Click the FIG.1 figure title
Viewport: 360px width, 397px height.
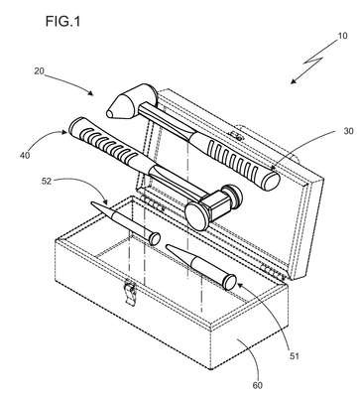click(x=62, y=22)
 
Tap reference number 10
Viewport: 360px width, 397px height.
click(x=342, y=36)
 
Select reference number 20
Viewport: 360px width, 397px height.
click(x=39, y=70)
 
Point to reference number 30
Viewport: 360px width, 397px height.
click(x=349, y=131)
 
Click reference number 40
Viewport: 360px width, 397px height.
click(x=25, y=155)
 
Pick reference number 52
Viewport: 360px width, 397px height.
click(x=47, y=182)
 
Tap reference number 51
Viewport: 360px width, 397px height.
click(x=295, y=356)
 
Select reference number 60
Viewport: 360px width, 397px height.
click(x=258, y=385)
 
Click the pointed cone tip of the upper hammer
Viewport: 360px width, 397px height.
click(x=110, y=113)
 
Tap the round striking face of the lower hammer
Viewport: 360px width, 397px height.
click(x=196, y=216)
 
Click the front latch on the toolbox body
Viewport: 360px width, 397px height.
click(x=130, y=294)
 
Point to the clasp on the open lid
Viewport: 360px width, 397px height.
click(x=235, y=135)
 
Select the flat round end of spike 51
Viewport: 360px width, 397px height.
click(x=230, y=282)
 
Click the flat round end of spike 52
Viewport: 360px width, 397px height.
click(x=155, y=239)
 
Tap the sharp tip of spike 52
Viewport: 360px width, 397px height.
click(x=92, y=203)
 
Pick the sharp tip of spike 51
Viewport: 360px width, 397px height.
click(x=168, y=246)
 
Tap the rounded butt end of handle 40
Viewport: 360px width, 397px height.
click(x=74, y=124)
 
